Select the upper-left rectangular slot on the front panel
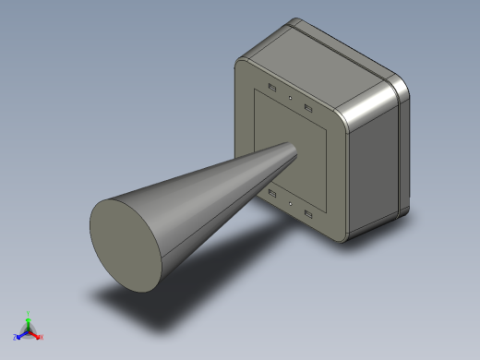coord(272,88)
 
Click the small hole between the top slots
coord(290,97)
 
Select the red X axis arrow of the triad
coord(38,337)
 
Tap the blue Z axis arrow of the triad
coord(18,337)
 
